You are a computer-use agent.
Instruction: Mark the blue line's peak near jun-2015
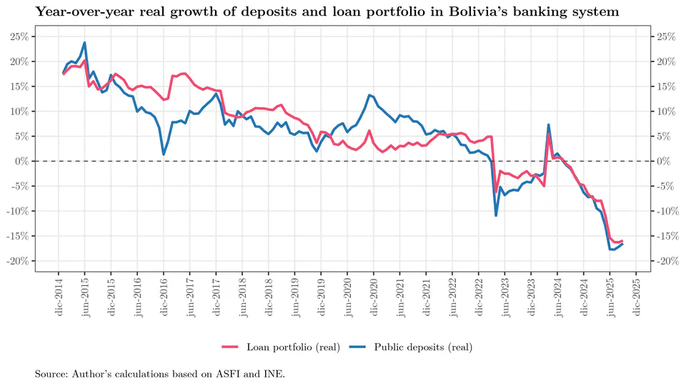pyautogui.click(x=85, y=43)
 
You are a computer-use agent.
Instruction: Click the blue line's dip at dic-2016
pyautogui.click(x=164, y=154)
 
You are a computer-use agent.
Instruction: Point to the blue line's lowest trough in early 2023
pyautogui.click(x=496, y=215)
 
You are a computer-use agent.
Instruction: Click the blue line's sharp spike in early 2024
pyautogui.click(x=548, y=125)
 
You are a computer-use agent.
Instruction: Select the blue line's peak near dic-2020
pyautogui.click(x=369, y=95)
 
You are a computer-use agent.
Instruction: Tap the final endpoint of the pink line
pyautogui.click(x=622, y=241)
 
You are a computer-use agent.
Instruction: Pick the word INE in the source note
pyautogui.click(x=268, y=374)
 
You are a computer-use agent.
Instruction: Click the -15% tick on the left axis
pyautogui.click(x=18, y=236)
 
